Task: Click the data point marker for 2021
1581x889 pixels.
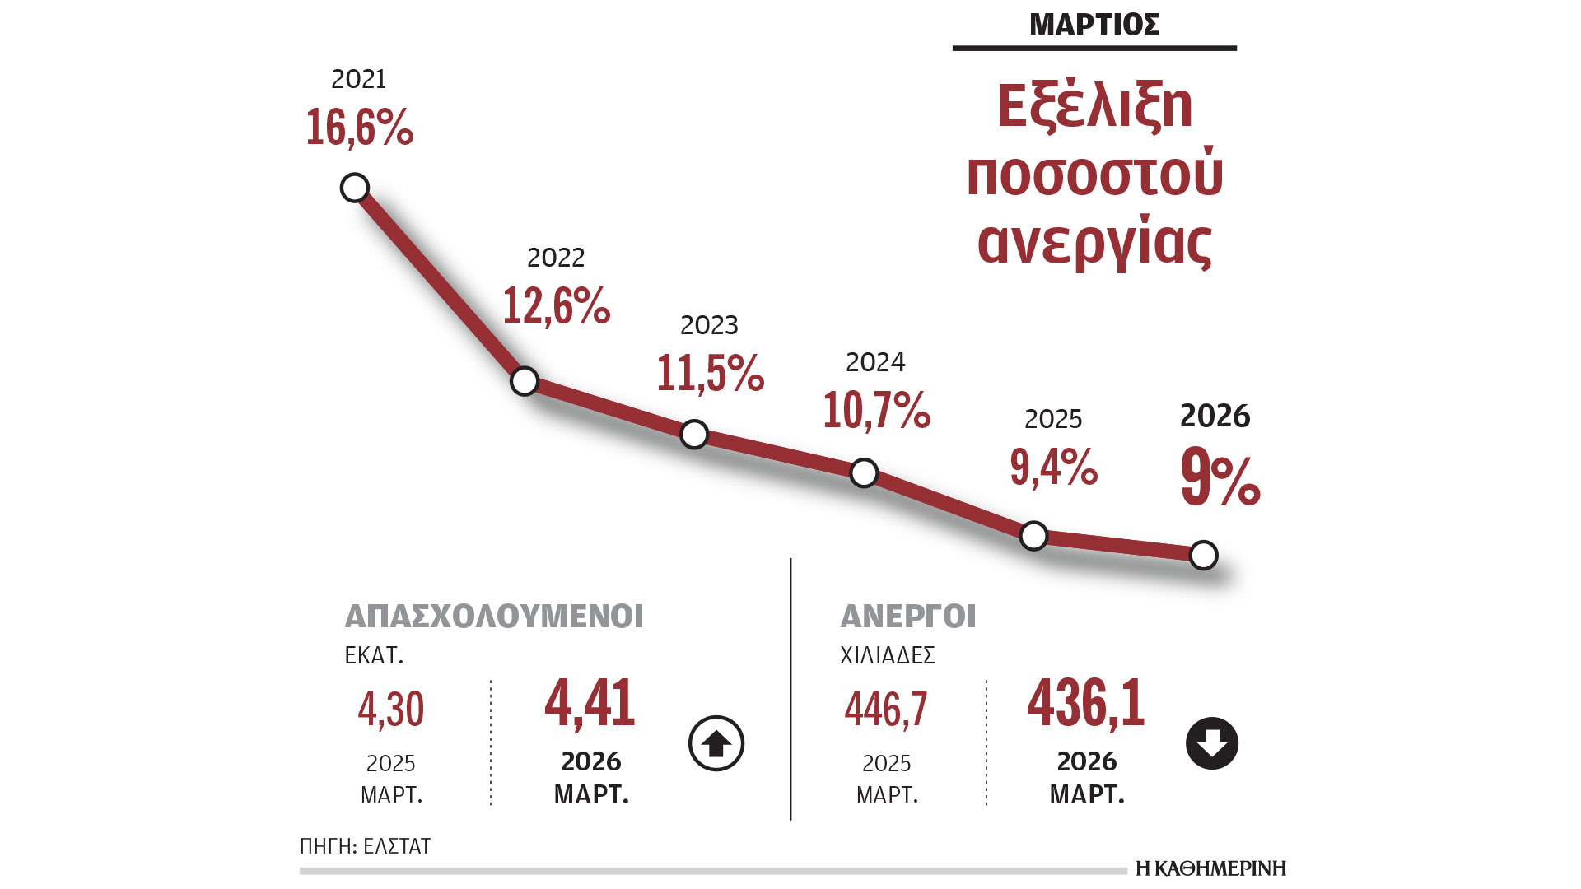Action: click(x=354, y=188)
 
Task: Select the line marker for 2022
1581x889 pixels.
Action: click(x=525, y=381)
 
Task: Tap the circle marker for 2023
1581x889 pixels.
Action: click(x=694, y=434)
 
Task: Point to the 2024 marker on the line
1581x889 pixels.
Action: click(x=864, y=472)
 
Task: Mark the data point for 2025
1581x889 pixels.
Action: click(x=1033, y=536)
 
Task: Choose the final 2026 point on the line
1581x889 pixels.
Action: click(x=1203, y=556)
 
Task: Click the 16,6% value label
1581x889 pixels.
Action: click(x=359, y=128)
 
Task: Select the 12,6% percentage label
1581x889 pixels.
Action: click(x=556, y=306)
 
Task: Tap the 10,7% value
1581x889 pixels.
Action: click(x=876, y=410)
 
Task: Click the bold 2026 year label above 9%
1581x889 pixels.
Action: click(x=1215, y=416)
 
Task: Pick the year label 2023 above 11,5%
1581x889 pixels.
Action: click(x=709, y=325)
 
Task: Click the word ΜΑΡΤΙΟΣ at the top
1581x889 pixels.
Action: click(x=1094, y=25)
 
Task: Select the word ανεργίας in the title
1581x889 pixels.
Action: click(x=1094, y=243)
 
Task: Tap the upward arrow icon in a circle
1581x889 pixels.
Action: click(x=716, y=743)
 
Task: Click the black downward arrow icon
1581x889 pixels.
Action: click(x=1212, y=743)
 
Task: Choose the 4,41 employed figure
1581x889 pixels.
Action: click(x=590, y=705)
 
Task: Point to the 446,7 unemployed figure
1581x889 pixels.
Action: click(x=885, y=710)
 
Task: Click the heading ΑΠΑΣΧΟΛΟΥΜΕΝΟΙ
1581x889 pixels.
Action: click(x=494, y=617)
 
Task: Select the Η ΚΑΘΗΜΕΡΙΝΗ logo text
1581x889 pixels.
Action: click(x=1210, y=868)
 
